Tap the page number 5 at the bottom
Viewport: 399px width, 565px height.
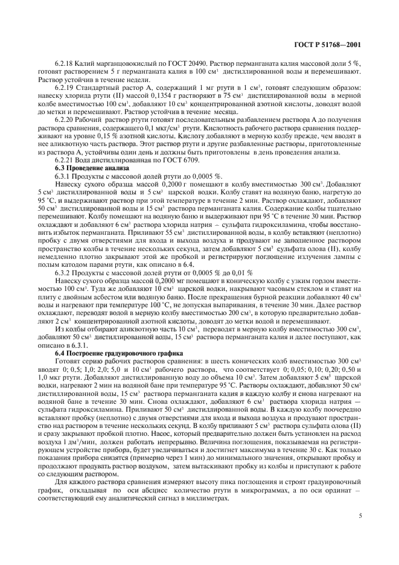(x=360, y=517)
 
